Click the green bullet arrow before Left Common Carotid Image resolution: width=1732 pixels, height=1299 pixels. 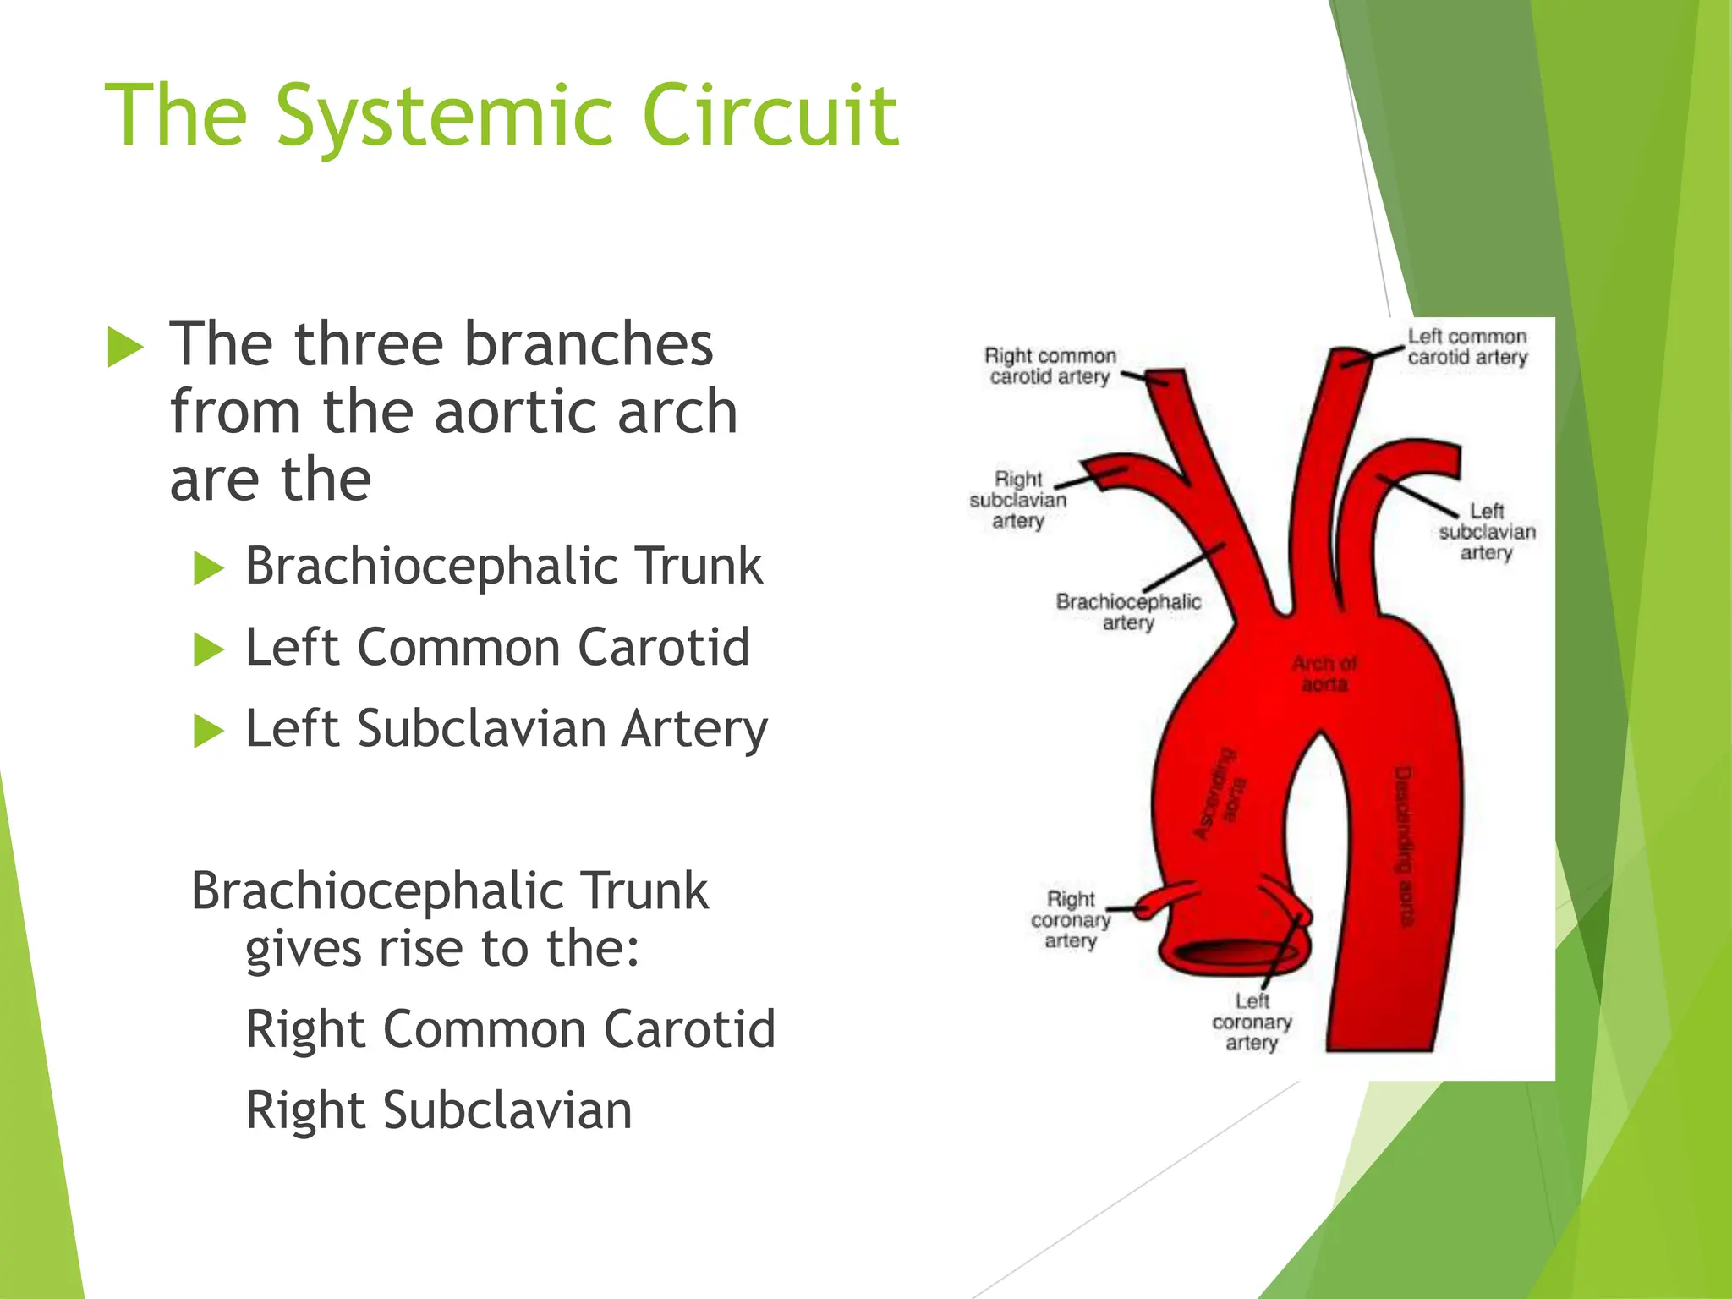coord(208,649)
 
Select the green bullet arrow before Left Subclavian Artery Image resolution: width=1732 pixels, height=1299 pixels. coord(208,731)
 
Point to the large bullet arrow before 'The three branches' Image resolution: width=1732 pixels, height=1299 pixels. coord(126,348)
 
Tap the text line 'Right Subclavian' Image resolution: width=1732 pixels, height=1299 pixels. coord(438,1110)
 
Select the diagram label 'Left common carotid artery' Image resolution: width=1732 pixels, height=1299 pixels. coord(1467,347)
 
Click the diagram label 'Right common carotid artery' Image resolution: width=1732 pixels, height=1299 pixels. coord(1050,366)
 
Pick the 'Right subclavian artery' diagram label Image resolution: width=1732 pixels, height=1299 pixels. coord(1018,500)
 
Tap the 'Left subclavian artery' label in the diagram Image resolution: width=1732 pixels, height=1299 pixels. coord(1487,531)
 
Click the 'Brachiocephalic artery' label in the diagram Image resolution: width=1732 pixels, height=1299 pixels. coord(1128,611)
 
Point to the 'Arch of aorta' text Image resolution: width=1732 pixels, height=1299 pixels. coord(1324,674)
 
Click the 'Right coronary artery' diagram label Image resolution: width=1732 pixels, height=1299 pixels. coord(1071,919)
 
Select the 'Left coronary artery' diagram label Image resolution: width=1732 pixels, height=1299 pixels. coord(1252,1022)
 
